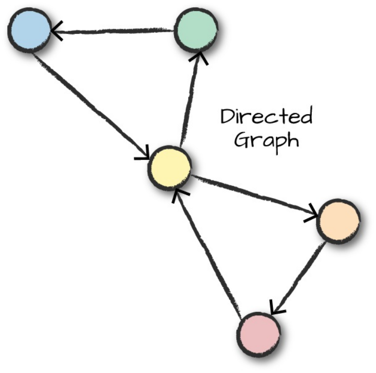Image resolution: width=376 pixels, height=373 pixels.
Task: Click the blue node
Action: [x=29, y=30]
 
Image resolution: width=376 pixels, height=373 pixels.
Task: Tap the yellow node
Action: [x=170, y=167]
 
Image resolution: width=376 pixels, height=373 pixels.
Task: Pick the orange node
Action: [x=339, y=220]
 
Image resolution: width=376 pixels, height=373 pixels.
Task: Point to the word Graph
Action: [x=266, y=139]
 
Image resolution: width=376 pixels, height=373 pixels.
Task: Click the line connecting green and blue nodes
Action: [x=113, y=32]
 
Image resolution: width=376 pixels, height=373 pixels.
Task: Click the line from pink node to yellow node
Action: [x=208, y=252]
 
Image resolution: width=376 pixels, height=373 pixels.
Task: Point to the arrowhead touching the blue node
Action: [x=57, y=33]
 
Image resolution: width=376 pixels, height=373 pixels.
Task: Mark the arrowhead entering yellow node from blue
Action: [x=143, y=153]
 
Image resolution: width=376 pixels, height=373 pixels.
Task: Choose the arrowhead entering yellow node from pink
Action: [x=178, y=193]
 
